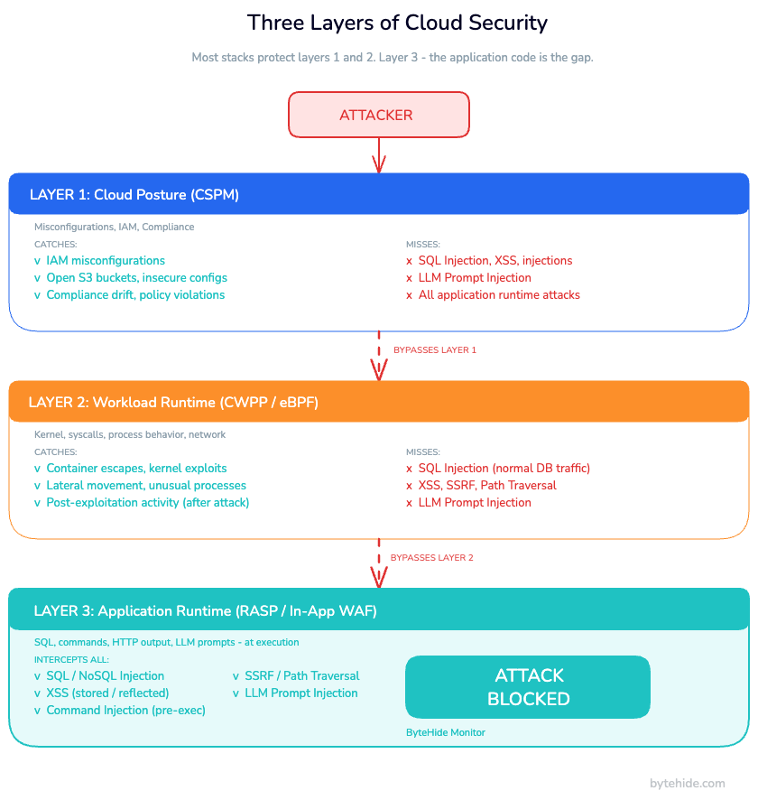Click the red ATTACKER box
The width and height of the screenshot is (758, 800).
tap(378, 115)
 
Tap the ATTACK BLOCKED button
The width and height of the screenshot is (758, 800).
tap(528, 687)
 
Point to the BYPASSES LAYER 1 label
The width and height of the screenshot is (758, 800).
tap(434, 349)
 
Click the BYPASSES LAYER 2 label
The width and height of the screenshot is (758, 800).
tap(431, 558)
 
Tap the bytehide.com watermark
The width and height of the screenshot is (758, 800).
tap(687, 783)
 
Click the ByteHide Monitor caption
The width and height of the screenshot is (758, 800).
tap(446, 732)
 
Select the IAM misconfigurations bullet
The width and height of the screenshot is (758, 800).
tap(105, 260)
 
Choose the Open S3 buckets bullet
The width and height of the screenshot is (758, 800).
tap(136, 277)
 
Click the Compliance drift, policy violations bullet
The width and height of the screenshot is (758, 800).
tap(135, 294)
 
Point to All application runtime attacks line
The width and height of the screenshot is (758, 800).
tap(498, 294)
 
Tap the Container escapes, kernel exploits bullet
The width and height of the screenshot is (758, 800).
tap(136, 468)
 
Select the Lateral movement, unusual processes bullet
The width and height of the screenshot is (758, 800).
tap(145, 485)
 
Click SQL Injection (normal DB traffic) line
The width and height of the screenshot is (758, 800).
tap(504, 468)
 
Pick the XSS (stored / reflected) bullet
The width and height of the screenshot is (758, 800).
tap(107, 693)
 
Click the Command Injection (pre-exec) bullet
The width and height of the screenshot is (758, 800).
tap(125, 710)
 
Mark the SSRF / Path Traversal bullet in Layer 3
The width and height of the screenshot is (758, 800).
tap(301, 675)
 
